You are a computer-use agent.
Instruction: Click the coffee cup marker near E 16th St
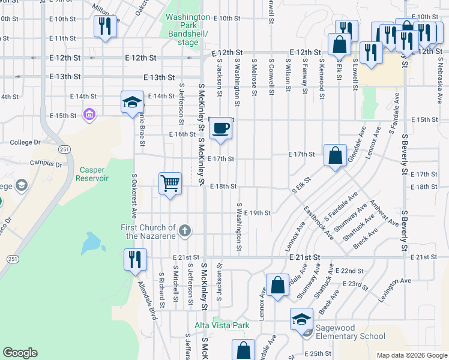pyautogui.click(x=221, y=128)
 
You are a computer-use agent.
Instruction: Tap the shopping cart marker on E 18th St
pyautogui.click(x=170, y=183)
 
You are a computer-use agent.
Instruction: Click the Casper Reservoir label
pyautogui.click(x=92, y=174)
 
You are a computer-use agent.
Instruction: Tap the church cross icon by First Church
pyautogui.click(x=185, y=230)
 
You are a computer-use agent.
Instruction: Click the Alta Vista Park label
pyautogui.click(x=221, y=325)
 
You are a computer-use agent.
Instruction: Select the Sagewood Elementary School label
pyautogui.click(x=351, y=332)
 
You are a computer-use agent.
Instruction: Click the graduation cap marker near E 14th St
pyautogui.click(x=132, y=101)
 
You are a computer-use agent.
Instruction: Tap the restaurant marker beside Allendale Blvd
pyautogui.click(x=134, y=259)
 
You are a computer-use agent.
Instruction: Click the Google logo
pyautogui.click(x=20, y=353)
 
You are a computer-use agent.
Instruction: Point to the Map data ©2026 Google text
pyautogui.click(x=411, y=355)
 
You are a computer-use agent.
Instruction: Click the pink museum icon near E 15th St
pyautogui.click(x=89, y=114)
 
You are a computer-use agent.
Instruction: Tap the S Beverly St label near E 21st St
pyautogui.click(x=405, y=230)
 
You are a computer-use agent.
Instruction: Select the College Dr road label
pyautogui.click(x=25, y=143)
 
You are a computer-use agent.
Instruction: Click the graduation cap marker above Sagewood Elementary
pyautogui.click(x=301, y=319)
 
